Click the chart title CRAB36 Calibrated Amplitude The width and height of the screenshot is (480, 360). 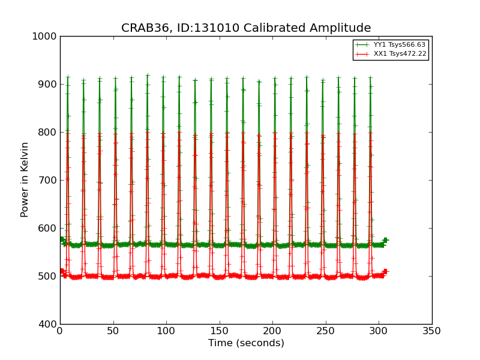pos(246,28)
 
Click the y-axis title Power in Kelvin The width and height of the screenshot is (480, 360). pos(25,180)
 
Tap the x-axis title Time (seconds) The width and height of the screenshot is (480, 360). pos(246,343)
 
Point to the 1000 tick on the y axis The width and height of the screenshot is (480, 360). pos(44,36)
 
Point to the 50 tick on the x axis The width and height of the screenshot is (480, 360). pos(113,331)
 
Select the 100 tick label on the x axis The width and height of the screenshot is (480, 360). pos(166,331)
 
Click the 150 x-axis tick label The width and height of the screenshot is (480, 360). pos(220,331)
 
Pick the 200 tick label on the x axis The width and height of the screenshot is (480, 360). pos(272,331)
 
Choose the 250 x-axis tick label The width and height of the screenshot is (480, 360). pos(326,331)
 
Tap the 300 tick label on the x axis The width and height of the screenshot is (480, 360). pos(379,331)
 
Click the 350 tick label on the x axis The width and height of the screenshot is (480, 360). pos(432,331)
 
